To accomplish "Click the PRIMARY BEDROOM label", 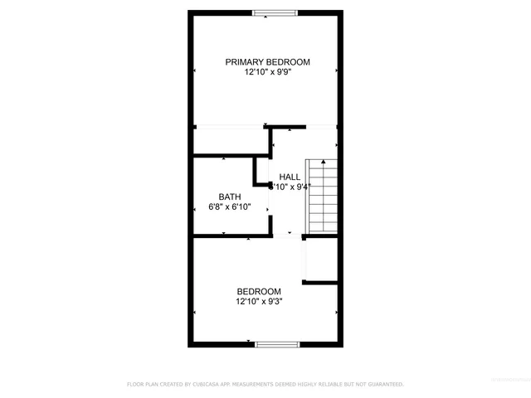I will (268, 62).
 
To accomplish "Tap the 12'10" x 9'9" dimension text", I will (267, 72).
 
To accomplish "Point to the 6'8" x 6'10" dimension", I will (229, 206).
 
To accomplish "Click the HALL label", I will (290, 177).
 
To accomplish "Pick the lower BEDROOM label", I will (259, 291).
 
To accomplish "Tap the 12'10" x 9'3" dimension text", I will (259, 301).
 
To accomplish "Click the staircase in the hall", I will (320, 197).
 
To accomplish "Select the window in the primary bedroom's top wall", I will (275, 12).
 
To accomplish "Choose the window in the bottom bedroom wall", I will (276, 343).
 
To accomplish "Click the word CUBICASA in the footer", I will (202, 385).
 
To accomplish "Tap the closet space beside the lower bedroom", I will (320, 260).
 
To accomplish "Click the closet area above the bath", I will (231, 141).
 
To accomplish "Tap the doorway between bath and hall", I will (269, 199).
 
